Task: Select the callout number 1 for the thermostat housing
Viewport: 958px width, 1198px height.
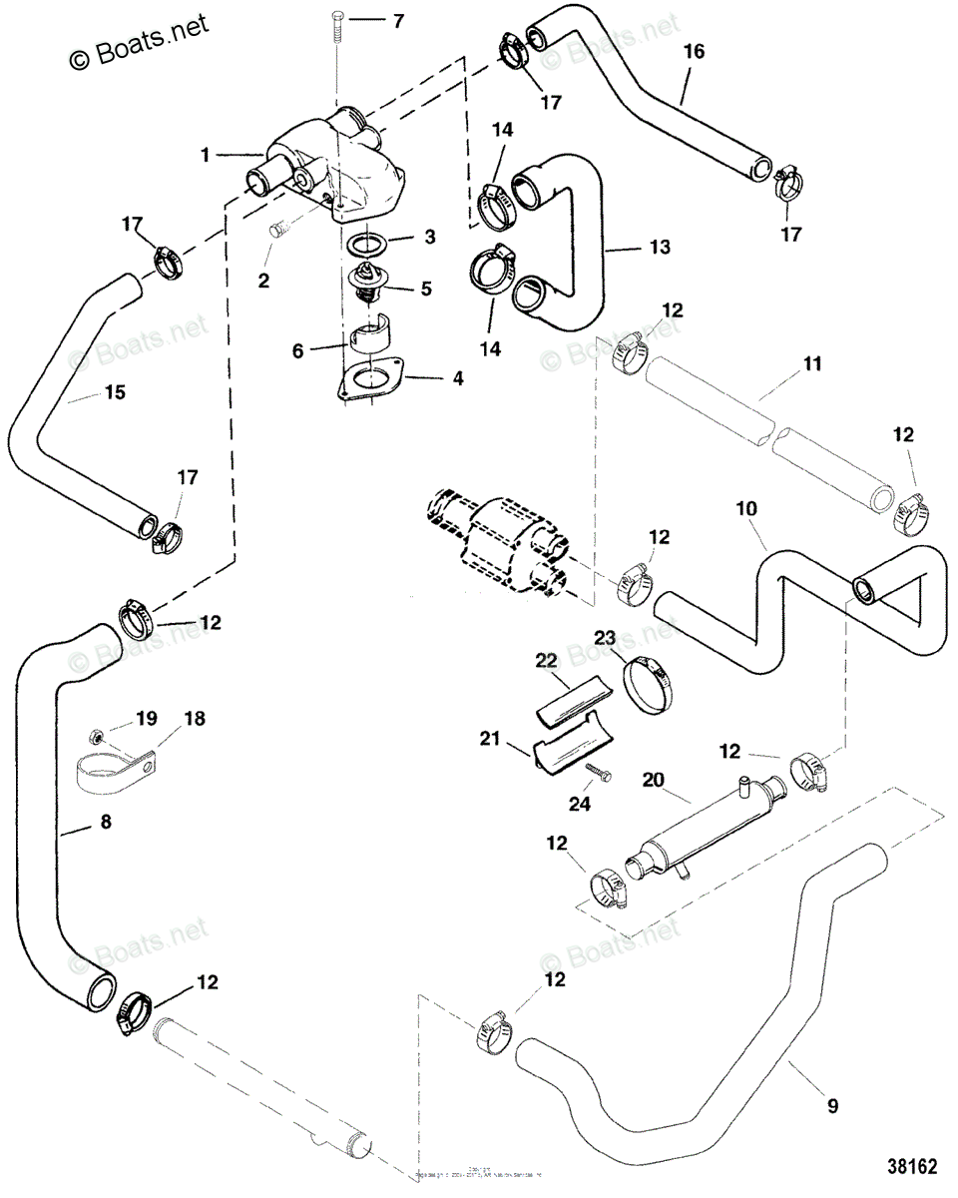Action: [x=205, y=155]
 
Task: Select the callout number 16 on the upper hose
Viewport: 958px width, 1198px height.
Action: [x=694, y=53]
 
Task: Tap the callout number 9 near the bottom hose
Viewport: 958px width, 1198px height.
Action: [x=832, y=1105]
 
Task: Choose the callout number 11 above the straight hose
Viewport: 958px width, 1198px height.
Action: [x=813, y=364]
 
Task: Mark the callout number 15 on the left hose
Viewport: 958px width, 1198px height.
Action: [x=115, y=393]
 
